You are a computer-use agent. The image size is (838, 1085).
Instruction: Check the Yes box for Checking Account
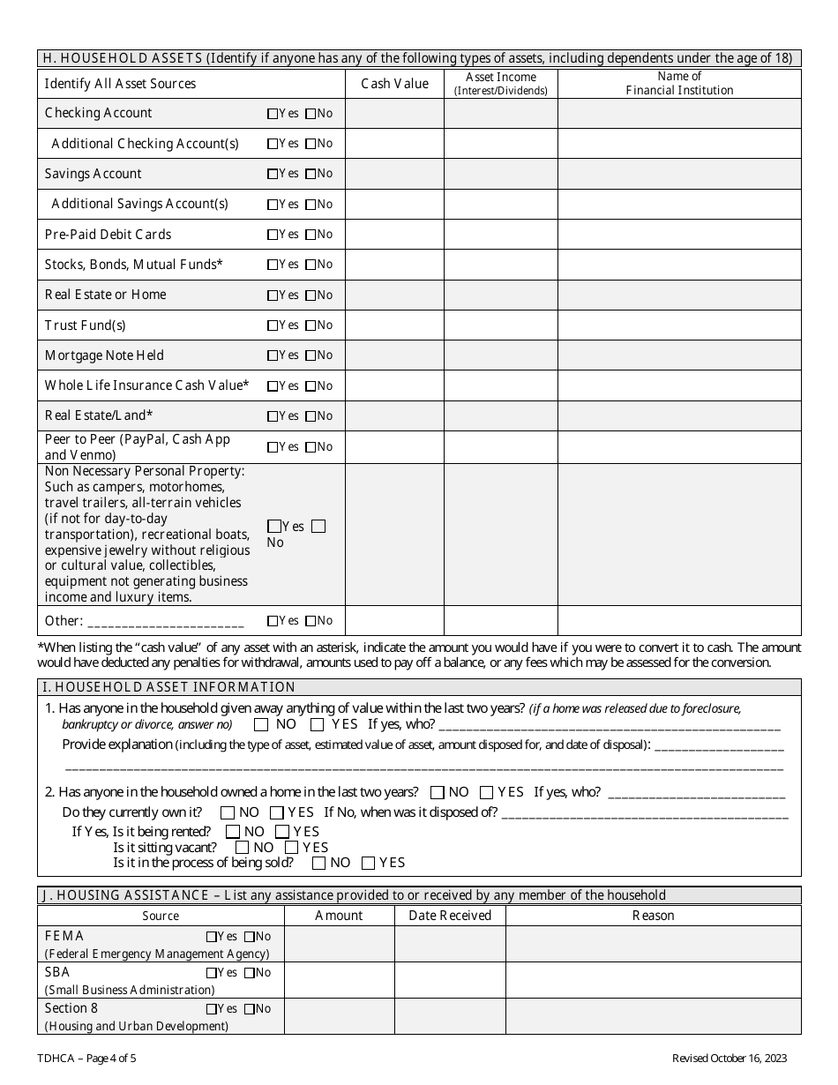pyautogui.click(x=273, y=114)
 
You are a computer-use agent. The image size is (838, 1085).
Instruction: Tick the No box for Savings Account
pyautogui.click(x=311, y=175)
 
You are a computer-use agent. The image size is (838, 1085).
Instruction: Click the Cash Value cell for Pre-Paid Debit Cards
pyautogui.click(x=394, y=235)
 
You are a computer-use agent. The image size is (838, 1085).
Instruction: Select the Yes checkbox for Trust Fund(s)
pyautogui.click(x=273, y=325)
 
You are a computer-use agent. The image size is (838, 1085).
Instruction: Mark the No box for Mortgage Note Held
pyautogui.click(x=311, y=355)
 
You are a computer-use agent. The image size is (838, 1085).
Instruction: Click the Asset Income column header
pyautogui.click(x=500, y=83)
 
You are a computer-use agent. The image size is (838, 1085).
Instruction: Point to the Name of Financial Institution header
pyautogui.click(x=679, y=83)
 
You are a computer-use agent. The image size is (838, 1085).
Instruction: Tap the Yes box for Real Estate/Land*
pyautogui.click(x=273, y=416)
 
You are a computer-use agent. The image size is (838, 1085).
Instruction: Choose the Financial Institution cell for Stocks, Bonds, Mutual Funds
pyautogui.click(x=679, y=265)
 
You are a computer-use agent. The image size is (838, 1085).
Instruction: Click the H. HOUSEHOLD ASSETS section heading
pyautogui.click(x=420, y=59)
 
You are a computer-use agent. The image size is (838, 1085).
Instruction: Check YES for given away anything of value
pyautogui.click(x=317, y=725)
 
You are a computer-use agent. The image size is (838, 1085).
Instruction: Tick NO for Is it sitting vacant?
pyautogui.click(x=242, y=848)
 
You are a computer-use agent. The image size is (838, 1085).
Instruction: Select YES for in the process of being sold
pyautogui.click(x=369, y=864)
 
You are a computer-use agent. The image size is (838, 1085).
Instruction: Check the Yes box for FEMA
pyautogui.click(x=211, y=937)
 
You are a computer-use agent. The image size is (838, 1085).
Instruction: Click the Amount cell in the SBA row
pyautogui.click(x=339, y=980)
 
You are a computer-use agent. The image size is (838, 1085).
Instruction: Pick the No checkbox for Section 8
pyautogui.click(x=250, y=1009)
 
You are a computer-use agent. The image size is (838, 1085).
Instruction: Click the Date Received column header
pyautogui.click(x=450, y=916)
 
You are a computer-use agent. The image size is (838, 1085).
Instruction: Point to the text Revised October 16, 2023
pyautogui.click(x=730, y=1059)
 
